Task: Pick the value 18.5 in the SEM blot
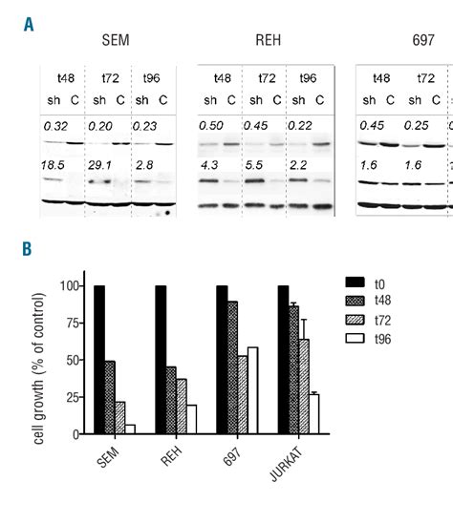[54, 165]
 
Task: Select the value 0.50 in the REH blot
[211, 125]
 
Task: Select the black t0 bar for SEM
[98, 360]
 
